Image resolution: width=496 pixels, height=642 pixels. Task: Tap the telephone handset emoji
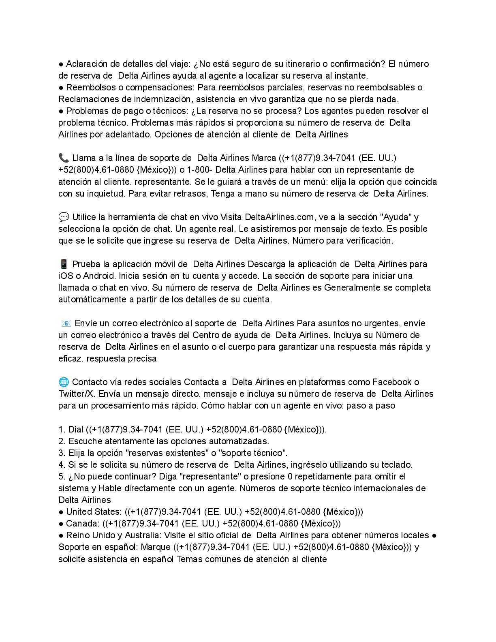pos(64,158)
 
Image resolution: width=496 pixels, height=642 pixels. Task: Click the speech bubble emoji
pos(64,217)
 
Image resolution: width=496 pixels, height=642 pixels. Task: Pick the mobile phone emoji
pos(64,264)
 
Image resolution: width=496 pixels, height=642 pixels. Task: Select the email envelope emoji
pos(66,323)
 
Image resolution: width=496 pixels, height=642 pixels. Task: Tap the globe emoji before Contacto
pos(64,382)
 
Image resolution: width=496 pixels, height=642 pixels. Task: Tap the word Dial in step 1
pos(76,430)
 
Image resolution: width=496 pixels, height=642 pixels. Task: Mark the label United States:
pos(93,512)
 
